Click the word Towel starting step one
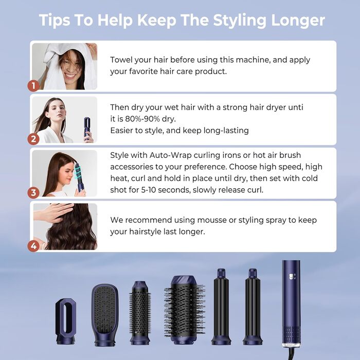pyautogui.click(x=122, y=60)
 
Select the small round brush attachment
pyautogui.click(x=140, y=311)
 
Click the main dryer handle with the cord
pyautogui.click(x=291, y=303)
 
